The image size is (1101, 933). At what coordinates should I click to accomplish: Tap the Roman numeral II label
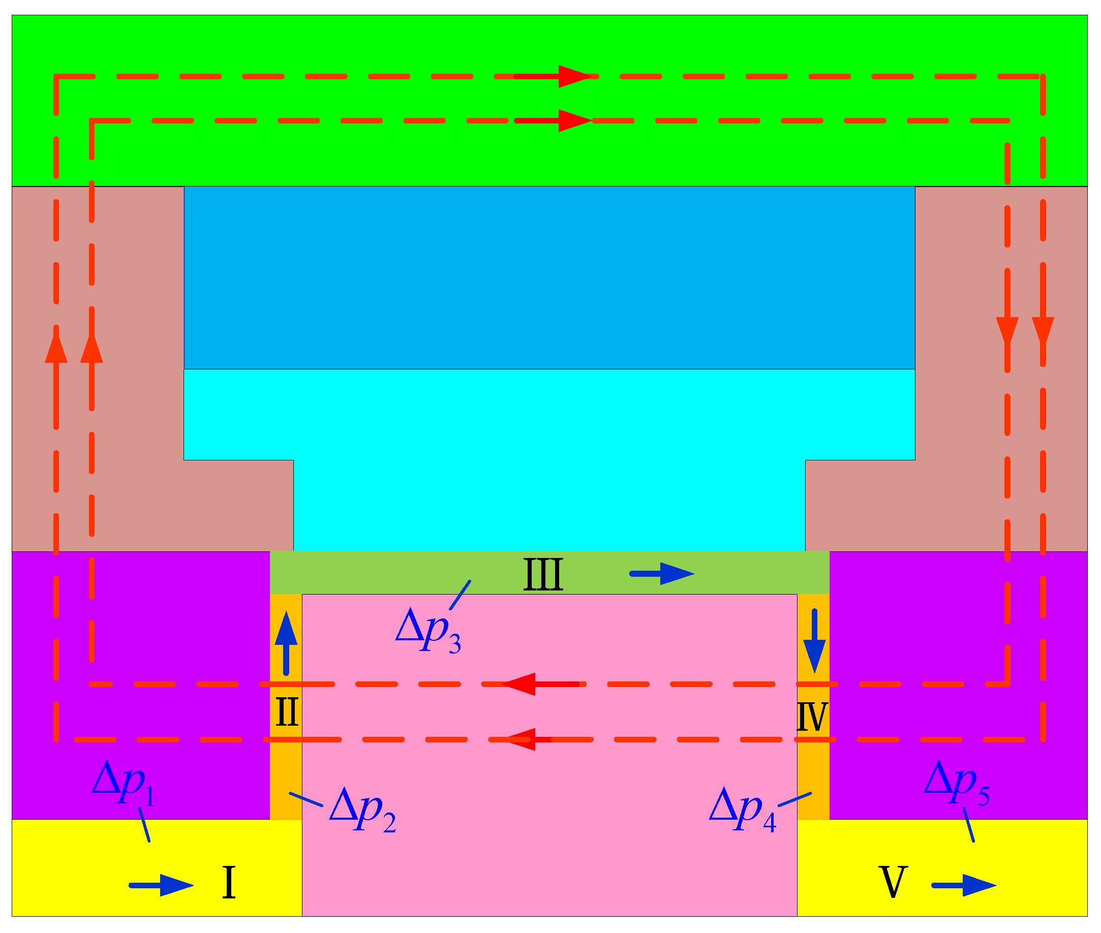click(x=287, y=712)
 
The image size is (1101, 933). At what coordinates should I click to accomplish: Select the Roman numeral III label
click(x=543, y=574)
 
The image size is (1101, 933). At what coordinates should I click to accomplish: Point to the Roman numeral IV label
click(x=812, y=717)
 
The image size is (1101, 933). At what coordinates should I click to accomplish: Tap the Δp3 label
click(x=427, y=631)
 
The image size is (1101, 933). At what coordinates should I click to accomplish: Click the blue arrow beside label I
click(x=161, y=885)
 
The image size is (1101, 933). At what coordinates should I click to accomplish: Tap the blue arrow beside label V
click(x=964, y=885)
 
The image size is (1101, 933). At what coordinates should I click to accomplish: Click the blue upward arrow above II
click(x=286, y=643)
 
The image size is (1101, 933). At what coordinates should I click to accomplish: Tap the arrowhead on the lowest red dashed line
click(x=521, y=739)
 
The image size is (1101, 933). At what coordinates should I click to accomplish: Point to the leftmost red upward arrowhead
click(x=56, y=347)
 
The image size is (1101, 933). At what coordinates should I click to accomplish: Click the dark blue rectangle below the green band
click(x=549, y=277)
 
